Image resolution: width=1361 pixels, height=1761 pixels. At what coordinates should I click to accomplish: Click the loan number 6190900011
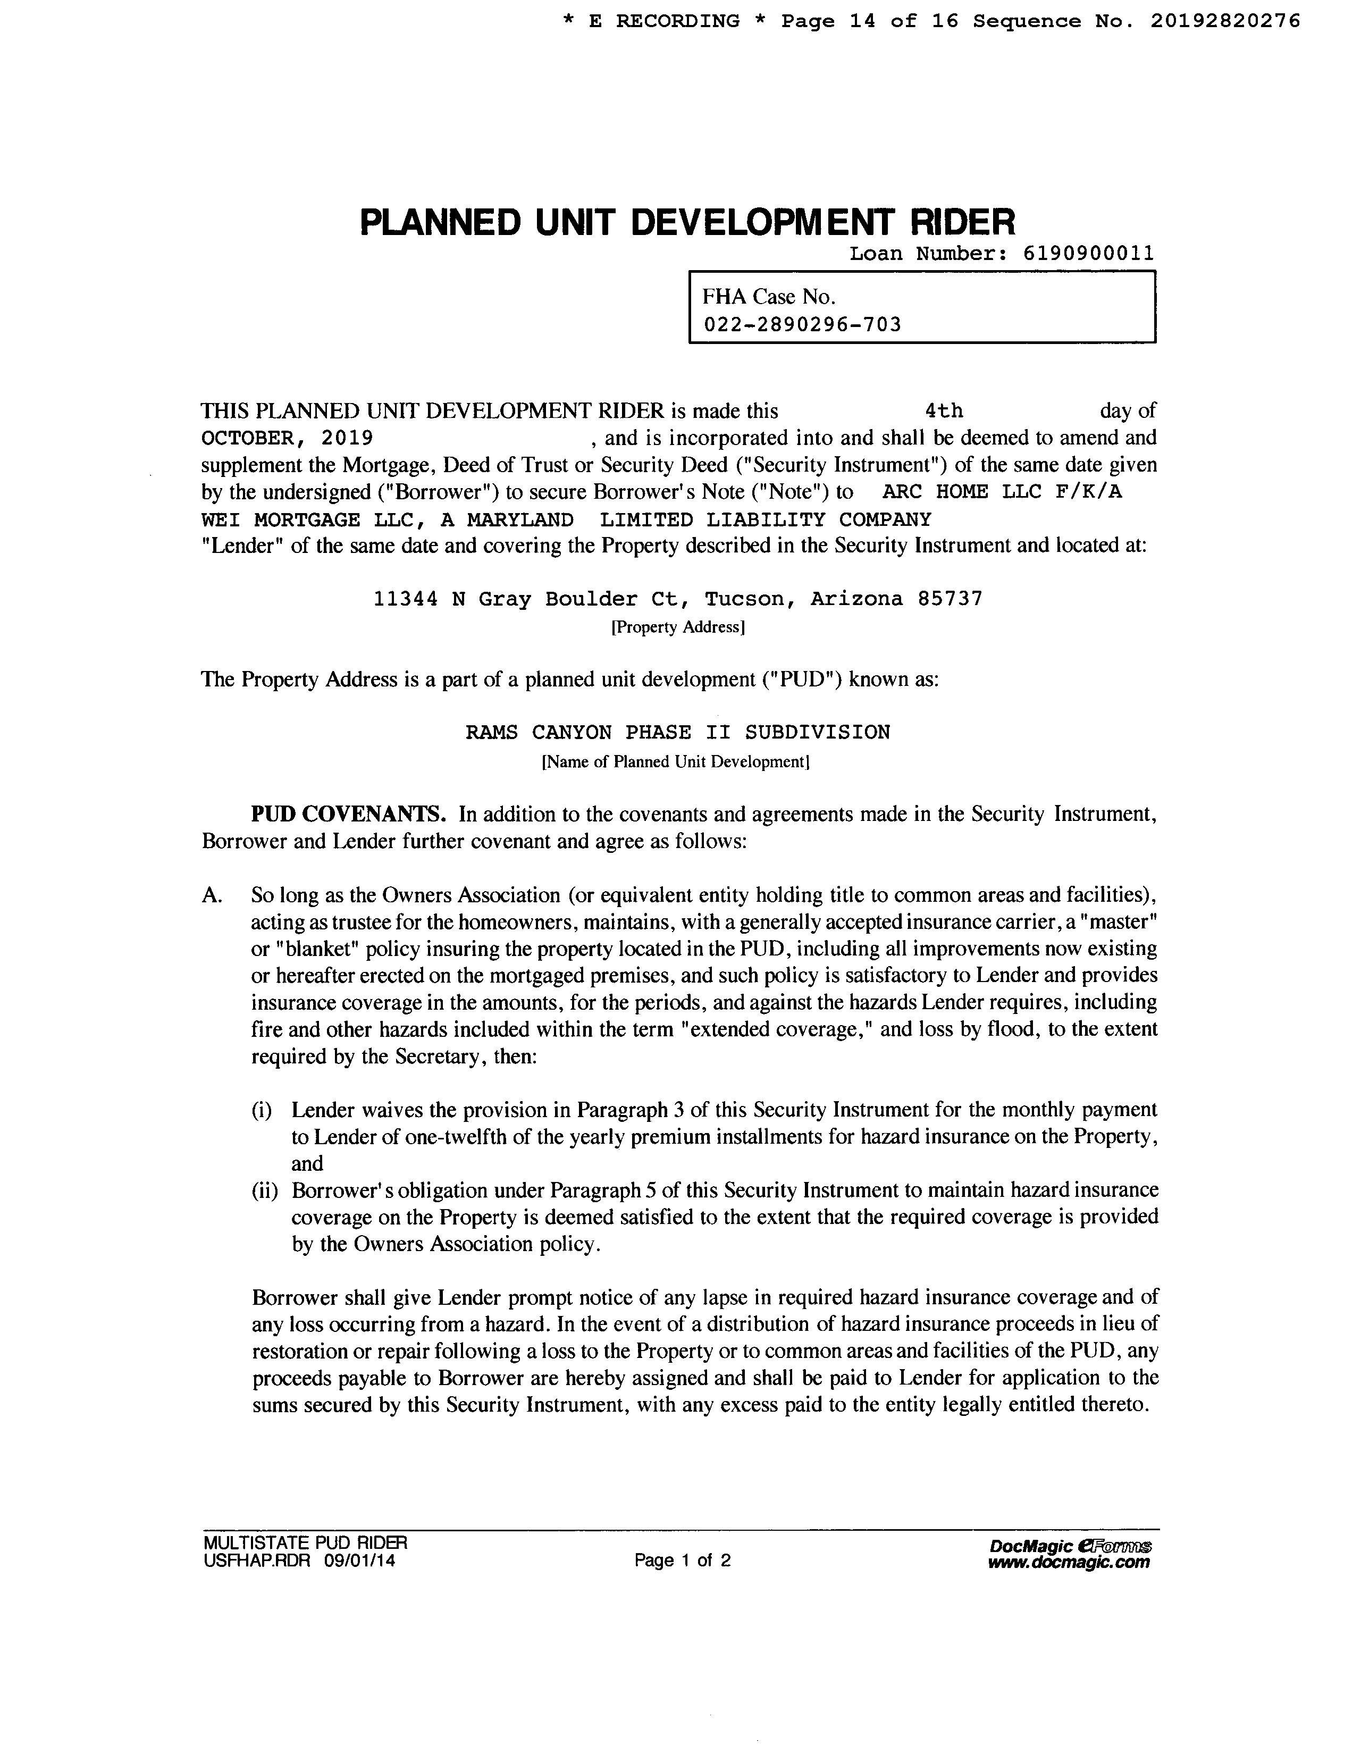tap(1088, 254)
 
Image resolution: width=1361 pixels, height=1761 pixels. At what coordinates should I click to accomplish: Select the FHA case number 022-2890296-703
tap(802, 325)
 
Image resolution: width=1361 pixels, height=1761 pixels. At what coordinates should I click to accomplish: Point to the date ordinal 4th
tap(944, 411)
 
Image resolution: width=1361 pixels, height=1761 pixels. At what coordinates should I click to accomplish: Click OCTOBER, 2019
tap(286, 439)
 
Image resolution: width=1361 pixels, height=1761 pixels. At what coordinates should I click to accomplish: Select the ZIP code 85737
tap(950, 599)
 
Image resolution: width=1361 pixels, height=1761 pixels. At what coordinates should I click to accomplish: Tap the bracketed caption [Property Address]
tap(678, 627)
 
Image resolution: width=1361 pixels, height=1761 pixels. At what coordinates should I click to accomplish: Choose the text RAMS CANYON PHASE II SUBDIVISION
tap(678, 733)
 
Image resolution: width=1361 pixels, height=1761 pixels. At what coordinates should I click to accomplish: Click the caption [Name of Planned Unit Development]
tap(676, 762)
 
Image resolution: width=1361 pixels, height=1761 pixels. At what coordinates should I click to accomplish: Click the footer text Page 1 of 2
tap(682, 1560)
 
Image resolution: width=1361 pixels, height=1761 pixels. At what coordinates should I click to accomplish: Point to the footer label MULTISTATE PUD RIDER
tap(306, 1542)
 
